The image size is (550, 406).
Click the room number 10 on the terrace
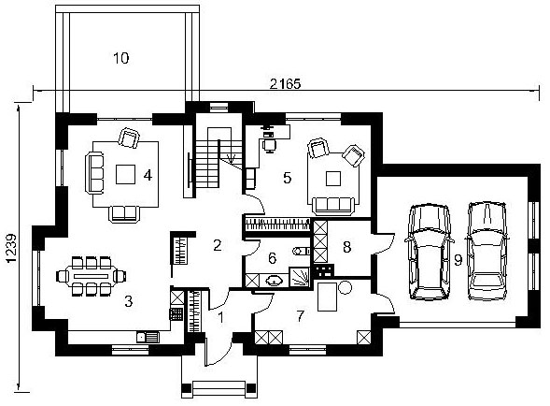[121, 58]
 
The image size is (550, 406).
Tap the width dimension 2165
[285, 84]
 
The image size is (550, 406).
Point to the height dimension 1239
[11, 248]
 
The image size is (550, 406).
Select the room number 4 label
[148, 175]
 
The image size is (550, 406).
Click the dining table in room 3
[92, 276]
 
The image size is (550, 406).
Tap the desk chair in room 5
[269, 146]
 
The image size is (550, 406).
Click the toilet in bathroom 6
[301, 251]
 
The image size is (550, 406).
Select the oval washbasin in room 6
[274, 281]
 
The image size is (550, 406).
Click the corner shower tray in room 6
[299, 277]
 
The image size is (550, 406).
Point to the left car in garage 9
[429, 252]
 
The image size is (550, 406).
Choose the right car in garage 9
[487, 251]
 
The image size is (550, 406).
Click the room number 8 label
[346, 247]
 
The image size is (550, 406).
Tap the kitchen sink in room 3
[148, 338]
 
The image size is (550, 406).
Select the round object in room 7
[345, 287]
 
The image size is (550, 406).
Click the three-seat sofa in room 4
[94, 172]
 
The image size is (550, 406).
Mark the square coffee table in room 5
[332, 179]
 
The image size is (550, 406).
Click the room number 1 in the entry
[220, 317]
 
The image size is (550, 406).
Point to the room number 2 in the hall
[218, 245]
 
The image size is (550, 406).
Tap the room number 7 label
[301, 316]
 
